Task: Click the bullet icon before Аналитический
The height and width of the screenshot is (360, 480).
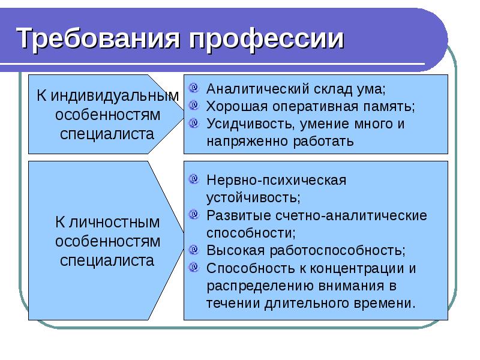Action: [x=194, y=89]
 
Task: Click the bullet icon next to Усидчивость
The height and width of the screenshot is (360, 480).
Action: [x=194, y=124]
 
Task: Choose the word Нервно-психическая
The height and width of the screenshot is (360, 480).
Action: [x=277, y=180]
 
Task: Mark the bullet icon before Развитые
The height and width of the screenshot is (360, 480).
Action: [x=194, y=214]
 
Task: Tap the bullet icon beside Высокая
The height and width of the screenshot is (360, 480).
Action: [x=194, y=249]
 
